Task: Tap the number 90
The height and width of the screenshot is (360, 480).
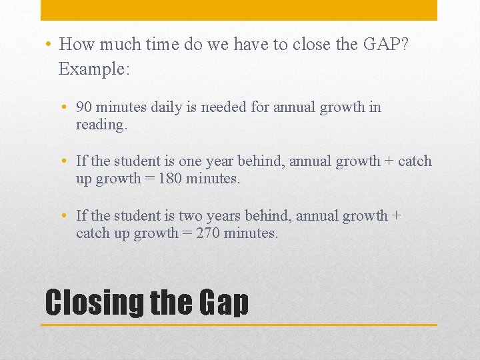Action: (x=85, y=107)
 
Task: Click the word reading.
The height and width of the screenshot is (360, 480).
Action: (x=101, y=125)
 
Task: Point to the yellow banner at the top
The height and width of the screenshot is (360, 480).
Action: (x=239, y=10)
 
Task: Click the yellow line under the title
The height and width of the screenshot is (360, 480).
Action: (x=239, y=325)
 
